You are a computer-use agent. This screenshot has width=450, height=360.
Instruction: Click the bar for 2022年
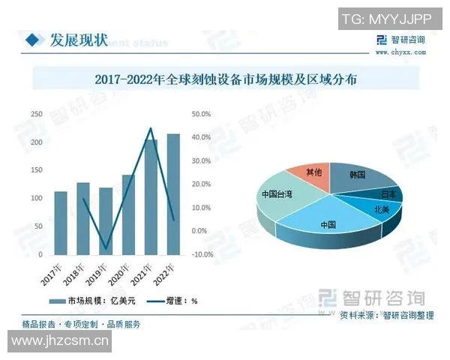(x=173, y=195)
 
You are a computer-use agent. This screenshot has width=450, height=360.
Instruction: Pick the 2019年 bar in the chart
(x=106, y=221)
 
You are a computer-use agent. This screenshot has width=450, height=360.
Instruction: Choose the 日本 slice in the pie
(x=388, y=193)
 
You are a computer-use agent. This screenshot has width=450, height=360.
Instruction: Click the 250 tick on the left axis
(x=36, y=114)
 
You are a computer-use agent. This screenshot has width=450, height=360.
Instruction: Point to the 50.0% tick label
(x=202, y=114)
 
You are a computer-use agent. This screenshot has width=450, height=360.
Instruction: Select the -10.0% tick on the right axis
(x=202, y=254)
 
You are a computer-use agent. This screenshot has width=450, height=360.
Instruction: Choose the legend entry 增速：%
(x=174, y=301)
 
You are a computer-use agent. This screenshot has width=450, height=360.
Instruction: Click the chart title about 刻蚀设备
(x=225, y=78)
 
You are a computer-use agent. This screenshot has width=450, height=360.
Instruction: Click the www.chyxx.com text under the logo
(x=400, y=52)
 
